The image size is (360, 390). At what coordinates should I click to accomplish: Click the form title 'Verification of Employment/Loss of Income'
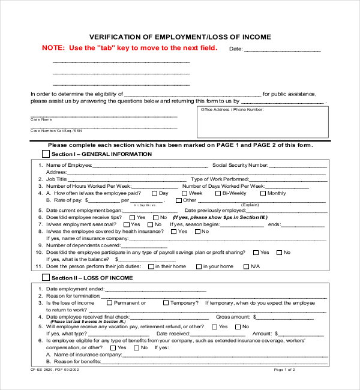coord(180,37)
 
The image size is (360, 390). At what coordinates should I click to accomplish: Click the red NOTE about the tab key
coord(130,48)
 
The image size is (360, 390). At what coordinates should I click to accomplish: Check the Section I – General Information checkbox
coord(46,154)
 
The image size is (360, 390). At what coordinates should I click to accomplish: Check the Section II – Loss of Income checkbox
coord(46,278)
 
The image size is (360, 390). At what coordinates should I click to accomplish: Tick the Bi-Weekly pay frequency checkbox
coord(217,193)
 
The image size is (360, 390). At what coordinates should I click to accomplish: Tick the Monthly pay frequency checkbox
coord(263,193)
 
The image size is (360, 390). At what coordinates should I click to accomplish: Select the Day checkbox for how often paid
coord(154,193)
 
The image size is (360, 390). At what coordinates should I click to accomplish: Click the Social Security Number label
coord(240,165)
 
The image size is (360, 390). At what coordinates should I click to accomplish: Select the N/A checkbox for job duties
coord(246,266)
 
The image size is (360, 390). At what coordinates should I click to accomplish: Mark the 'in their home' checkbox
coord(151,266)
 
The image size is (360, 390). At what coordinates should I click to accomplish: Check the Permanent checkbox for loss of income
coord(110,303)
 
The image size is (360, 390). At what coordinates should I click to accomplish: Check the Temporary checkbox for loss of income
coord(166,303)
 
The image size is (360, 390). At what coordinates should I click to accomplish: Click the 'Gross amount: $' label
coord(236,317)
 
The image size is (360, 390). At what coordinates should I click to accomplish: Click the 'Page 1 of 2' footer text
coord(284,370)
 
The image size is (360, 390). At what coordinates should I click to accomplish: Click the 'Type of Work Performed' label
coord(220,179)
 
